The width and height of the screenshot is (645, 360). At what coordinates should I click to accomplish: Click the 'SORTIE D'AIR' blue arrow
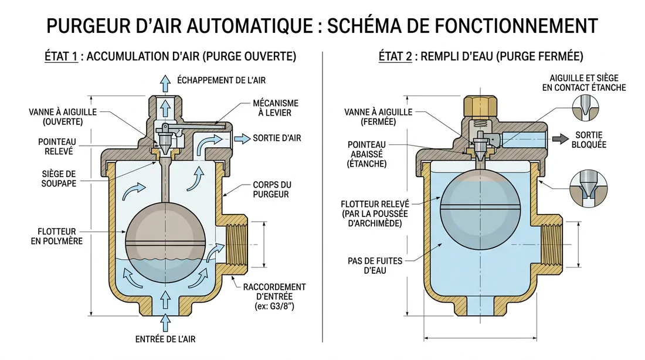click(240, 138)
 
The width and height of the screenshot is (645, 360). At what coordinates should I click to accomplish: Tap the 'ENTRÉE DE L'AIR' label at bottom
click(165, 339)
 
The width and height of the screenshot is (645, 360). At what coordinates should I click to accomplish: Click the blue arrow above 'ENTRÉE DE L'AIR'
click(165, 321)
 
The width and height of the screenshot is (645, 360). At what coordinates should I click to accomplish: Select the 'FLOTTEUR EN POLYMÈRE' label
click(58, 236)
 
